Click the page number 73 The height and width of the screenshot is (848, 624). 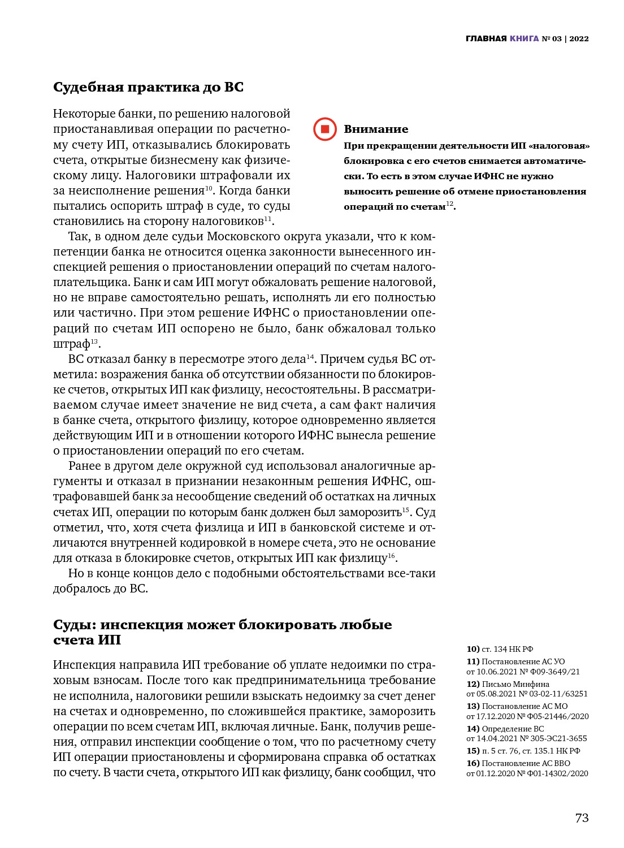click(582, 817)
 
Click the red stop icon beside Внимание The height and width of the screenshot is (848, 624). click(325, 129)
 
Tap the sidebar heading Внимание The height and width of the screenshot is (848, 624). click(376, 129)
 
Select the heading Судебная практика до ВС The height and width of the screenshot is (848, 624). click(148, 87)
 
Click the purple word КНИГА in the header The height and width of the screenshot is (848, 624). click(524, 38)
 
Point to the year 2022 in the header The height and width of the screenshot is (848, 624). click(579, 38)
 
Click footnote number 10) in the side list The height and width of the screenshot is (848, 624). click(473, 649)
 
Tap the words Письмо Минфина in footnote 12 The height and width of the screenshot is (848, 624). click(515, 684)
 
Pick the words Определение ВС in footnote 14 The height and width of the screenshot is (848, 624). click(513, 729)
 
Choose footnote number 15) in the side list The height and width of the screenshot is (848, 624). click(473, 751)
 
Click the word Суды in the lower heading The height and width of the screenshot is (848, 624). click(74, 625)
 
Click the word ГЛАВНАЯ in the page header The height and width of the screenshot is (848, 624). click(486, 38)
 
